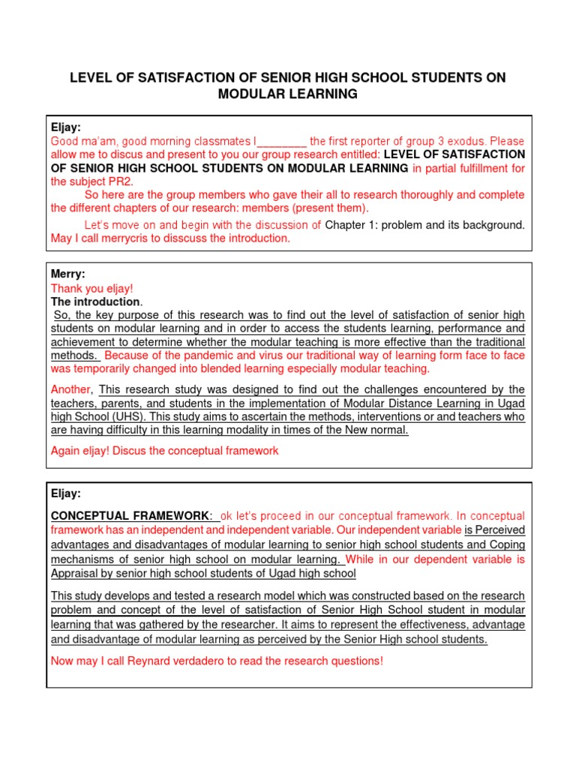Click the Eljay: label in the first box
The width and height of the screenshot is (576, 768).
click(x=65, y=127)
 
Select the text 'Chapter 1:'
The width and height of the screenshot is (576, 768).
click(x=350, y=225)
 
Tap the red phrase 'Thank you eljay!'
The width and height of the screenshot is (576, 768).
click(x=91, y=288)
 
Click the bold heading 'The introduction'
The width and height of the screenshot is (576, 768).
click(x=95, y=301)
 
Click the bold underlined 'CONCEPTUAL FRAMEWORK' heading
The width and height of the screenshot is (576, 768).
click(x=129, y=516)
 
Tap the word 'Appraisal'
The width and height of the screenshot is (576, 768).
click(x=76, y=574)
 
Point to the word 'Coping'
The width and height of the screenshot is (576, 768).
click(x=506, y=544)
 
